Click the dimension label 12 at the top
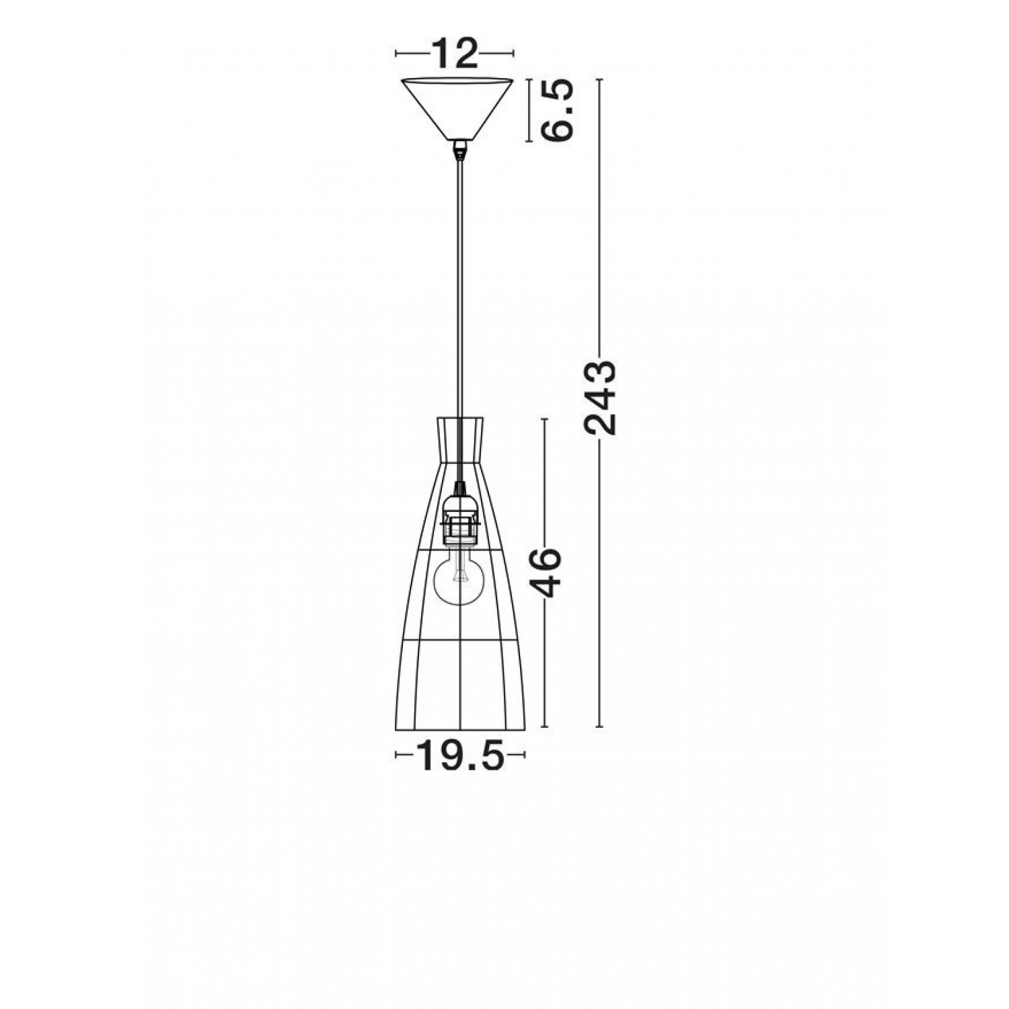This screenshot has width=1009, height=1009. (x=454, y=53)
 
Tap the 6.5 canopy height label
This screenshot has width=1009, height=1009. (x=558, y=110)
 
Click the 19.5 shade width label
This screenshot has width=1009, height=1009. (x=461, y=755)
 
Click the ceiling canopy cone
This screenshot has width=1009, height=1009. (x=458, y=108)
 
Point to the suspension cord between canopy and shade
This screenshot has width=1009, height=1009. (x=459, y=283)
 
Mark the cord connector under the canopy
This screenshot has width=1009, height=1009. (x=459, y=149)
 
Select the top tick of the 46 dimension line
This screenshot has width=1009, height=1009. (x=545, y=418)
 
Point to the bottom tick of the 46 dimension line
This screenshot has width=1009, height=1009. (x=545, y=727)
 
